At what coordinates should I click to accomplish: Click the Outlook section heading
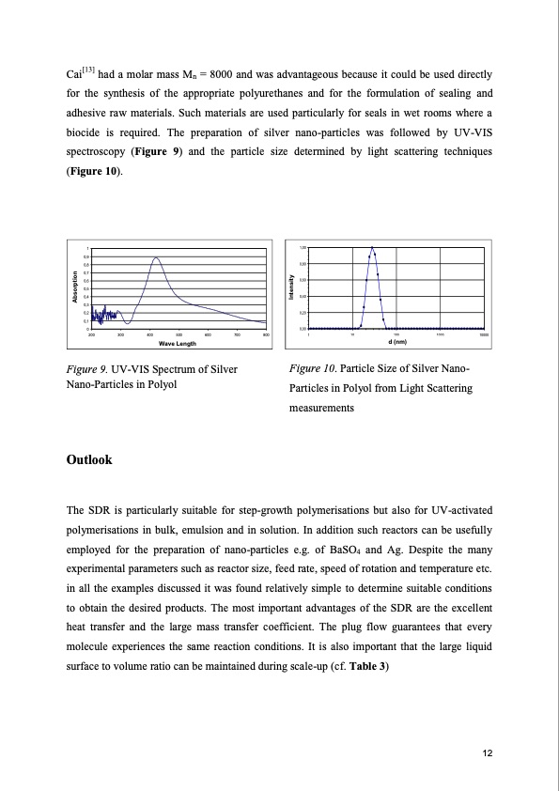coord(89,460)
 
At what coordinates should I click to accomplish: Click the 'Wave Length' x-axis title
coord(177,344)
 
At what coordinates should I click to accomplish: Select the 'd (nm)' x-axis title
coord(397,343)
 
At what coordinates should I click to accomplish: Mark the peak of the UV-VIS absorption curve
coord(156,257)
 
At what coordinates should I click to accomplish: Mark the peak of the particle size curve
coord(372,248)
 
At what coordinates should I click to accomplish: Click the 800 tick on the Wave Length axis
coord(266,334)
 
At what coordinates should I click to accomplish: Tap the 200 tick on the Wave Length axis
coord(91,334)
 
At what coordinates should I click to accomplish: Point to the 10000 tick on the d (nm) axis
coord(484,334)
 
